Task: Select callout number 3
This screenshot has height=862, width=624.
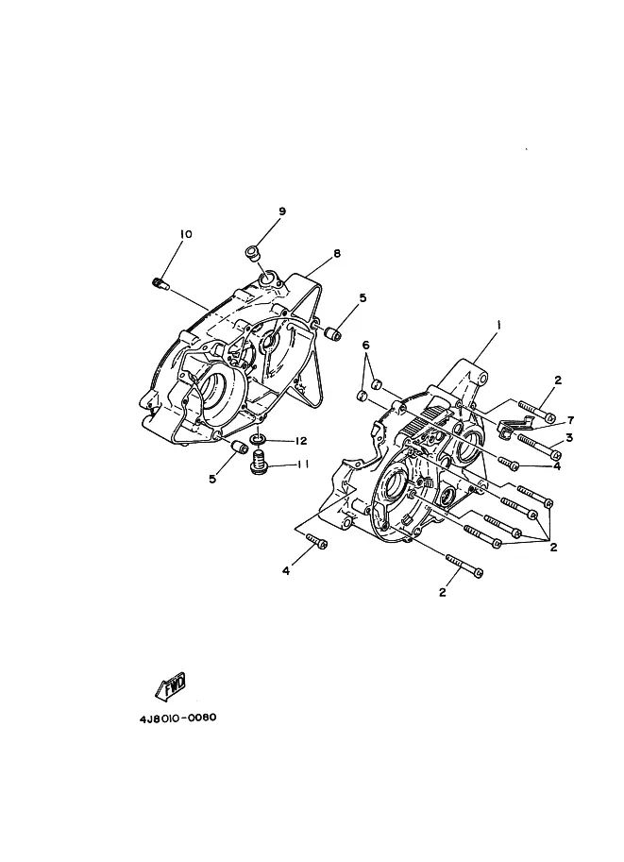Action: (570, 439)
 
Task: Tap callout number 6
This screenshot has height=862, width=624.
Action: (366, 345)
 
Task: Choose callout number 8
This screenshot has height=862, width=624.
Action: (336, 253)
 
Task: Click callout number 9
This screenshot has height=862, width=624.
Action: (281, 211)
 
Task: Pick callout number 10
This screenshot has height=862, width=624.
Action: (185, 233)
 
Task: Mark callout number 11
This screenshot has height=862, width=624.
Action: (304, 464)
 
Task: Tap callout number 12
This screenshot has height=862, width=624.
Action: (301, 441)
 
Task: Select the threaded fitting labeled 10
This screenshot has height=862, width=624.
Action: (160, 282)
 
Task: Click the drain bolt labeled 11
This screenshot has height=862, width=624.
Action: (256, 463)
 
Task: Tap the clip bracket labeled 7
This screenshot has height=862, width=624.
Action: (510, 423)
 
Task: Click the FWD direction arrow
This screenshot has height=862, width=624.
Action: (170, 685)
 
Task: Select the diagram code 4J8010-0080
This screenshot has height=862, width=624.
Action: (178, 717)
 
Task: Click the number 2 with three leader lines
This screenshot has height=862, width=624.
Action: (552, 546)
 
